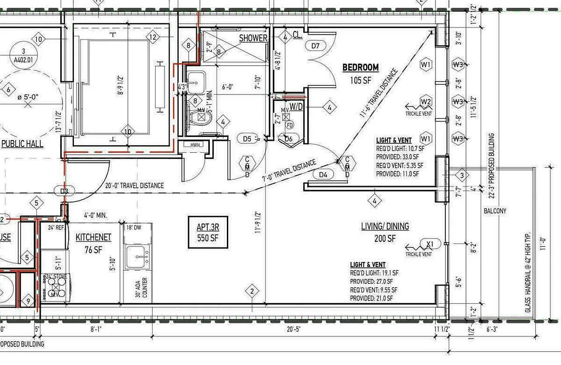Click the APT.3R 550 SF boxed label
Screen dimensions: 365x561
(x=208, y=233)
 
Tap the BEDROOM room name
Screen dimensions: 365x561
(x=361, y=68)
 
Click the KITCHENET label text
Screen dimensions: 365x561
(x=93, y=237)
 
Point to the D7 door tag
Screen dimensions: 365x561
(x=318, y=46)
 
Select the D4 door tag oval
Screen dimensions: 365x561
(x=323, y=174)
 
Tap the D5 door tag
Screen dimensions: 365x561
(x=247, y=138)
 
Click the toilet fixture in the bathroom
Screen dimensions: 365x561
(x=200, y=118)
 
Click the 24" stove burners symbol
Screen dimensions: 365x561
(x=55, y=287)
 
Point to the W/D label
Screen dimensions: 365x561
(x=296, y=107)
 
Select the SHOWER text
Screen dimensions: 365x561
(x=253, y=38)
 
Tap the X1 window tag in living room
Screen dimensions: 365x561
(x=429, y=244)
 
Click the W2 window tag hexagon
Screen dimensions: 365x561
(x=426, y=101)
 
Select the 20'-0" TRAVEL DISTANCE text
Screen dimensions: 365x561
(x=134, y=186)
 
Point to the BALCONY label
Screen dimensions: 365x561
(x=495, y=211)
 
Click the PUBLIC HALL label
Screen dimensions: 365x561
(x=22, y=144)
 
